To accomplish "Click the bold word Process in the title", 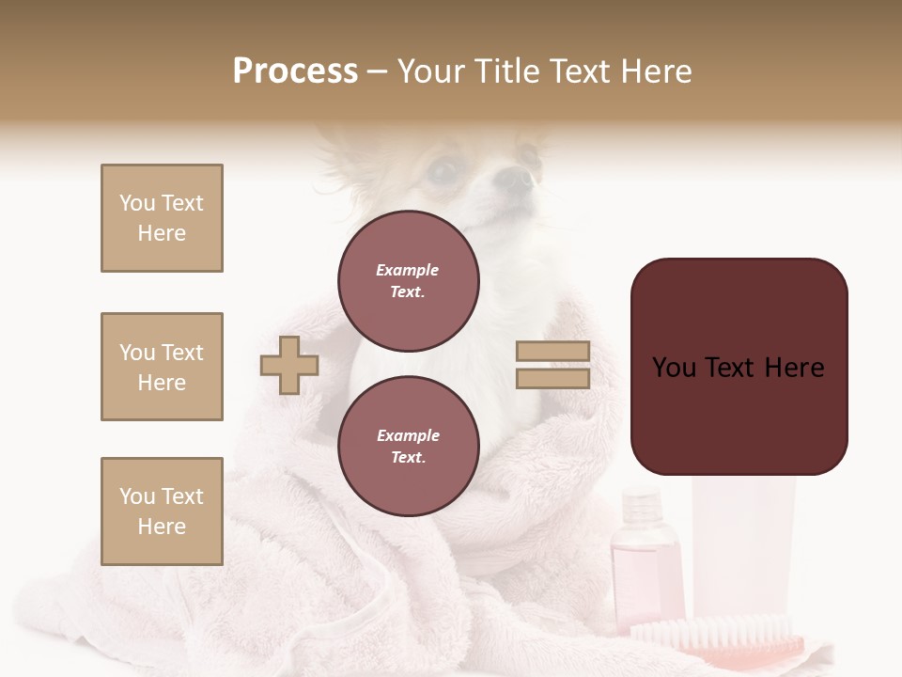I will point(295,71).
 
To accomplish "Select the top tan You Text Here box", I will point(162,218).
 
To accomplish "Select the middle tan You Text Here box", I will point(162,367).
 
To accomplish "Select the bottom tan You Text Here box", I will point(162,512).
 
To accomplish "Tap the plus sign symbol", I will point(289,365).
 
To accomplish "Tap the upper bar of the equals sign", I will point(552,351).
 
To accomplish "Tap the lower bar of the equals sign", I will point(552,378).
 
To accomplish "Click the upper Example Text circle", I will point(408,280).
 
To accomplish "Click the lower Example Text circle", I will point(408,446).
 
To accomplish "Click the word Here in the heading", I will point(655,71).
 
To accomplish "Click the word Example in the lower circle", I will point(408,435).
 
